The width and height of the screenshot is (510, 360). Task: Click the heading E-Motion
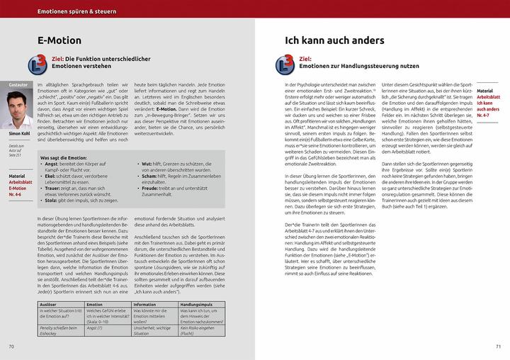click(x=59, y=40)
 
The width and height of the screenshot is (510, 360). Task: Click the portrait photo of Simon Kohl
click(x=20, y=107)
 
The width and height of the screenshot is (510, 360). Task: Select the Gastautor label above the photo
click(x=18, y=84)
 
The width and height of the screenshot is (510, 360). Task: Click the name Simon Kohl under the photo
click(x=20, y=133)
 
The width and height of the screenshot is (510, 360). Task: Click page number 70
click(x=11, y=347)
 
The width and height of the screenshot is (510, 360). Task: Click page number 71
click(x=498, y=347)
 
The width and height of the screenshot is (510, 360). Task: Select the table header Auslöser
click(x=49, y=303)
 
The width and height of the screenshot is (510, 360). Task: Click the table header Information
click(x=145, y=303)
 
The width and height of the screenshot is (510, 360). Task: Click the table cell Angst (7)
click(x=95, y=328)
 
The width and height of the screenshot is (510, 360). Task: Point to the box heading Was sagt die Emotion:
click(x=64, y=158)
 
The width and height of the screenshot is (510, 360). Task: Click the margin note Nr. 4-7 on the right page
click(x=484, y=116)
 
